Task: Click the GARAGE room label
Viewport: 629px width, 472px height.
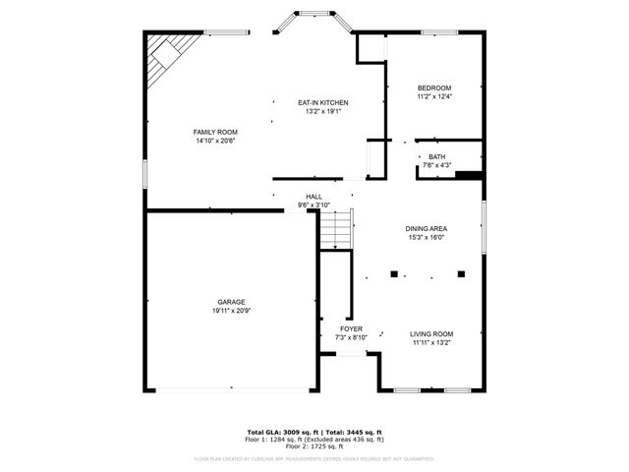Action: coord(232,302)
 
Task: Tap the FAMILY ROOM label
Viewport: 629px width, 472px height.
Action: coord(215,132)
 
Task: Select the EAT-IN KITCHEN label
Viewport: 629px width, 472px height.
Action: coord(323,102)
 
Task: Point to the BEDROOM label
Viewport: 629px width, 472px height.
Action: coord(434,88)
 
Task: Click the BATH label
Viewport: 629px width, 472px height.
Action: coord(436,156)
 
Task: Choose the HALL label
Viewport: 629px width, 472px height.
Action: coord(314,197)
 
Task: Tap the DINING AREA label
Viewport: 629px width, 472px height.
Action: coord(427,228)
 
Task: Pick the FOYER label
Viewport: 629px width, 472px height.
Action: coord(352,328)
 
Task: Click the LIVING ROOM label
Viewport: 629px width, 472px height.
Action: coord(431,334)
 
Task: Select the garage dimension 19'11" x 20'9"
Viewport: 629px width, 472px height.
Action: coord(232,311)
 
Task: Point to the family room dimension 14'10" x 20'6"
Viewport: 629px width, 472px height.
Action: coord(215,141)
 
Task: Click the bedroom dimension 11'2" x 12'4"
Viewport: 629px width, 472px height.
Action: coord(434,97)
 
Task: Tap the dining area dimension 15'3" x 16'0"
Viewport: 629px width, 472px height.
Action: coord(427,237)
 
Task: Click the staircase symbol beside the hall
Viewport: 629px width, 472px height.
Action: coord(335,232)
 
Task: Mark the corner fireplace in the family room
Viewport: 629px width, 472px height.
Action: coord(165,56)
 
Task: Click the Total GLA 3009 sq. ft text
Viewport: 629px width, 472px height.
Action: coord(281,433)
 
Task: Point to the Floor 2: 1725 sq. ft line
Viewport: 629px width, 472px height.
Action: coord(314,446)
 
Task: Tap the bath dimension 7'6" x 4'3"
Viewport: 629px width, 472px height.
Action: coord(436,165)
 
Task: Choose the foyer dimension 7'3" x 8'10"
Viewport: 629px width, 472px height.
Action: coord(352,337)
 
